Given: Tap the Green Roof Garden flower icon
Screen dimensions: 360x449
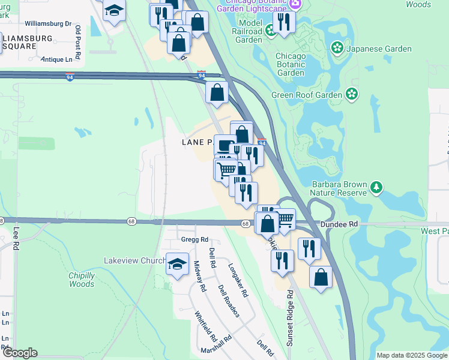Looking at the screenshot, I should click(x=351, y=94).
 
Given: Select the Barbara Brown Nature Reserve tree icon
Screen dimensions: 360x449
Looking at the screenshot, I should click(x=376, y=188).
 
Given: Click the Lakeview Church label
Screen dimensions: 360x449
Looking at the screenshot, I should click(x=134, y=261).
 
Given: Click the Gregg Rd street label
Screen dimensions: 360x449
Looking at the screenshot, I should click(x=194, y=239).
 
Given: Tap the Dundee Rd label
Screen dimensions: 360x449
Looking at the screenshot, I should click(x=339, y=224).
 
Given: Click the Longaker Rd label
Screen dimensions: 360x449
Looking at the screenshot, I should click(x=237, y=280).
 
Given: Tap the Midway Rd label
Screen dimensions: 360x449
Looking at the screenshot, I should click(x=200, y=276).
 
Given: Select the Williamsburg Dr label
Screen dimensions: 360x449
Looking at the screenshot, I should click(x=48, y=24).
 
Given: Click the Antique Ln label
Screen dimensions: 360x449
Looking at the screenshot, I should click(x=60, y=59).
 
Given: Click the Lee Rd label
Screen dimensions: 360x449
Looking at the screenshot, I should click(x=16, y=238).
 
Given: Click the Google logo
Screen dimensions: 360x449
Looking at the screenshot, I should click(x=20, y=353).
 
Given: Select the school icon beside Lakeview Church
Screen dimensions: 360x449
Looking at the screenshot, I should click(x=177, y=264).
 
